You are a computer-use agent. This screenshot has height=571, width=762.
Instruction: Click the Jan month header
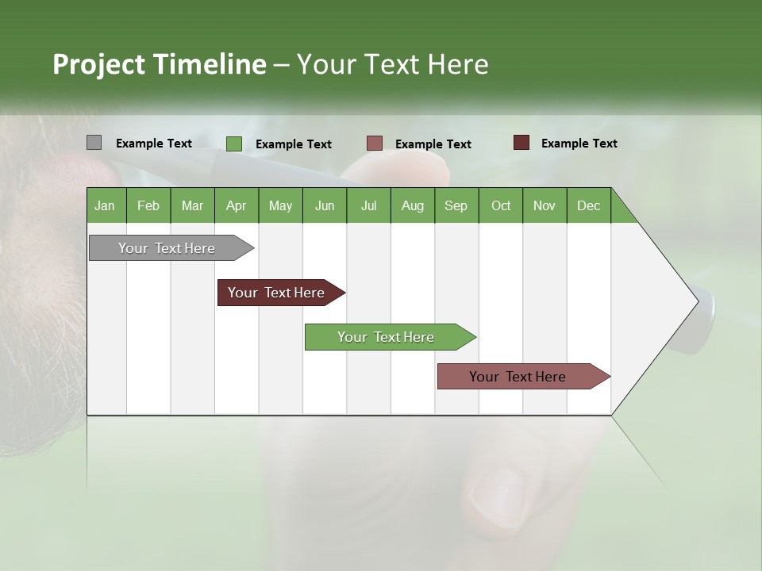point(105,205)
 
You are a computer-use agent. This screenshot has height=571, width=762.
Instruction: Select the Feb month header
point(148,205)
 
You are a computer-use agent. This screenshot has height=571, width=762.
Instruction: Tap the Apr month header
point(236,205)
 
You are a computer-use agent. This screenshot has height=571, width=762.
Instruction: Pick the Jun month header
point(325,205)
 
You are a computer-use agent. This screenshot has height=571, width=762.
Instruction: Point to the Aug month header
point(412,205)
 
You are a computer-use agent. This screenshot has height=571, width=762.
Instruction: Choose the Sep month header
point(456,205)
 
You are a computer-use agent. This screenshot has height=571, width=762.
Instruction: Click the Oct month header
point(501,205)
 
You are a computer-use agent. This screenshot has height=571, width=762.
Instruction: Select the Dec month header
point(588,205)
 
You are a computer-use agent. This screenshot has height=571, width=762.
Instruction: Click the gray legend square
point(94,143)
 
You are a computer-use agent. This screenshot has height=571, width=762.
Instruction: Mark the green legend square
point(233,144)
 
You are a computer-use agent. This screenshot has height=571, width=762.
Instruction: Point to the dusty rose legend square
point(375,144)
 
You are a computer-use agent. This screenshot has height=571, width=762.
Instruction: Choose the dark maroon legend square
point(521,143)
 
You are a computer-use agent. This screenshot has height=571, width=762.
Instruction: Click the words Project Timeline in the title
point(159,64)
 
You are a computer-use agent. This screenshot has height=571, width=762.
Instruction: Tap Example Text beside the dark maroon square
point(579,144)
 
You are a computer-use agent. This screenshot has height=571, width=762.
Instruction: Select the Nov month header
point(545,205)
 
